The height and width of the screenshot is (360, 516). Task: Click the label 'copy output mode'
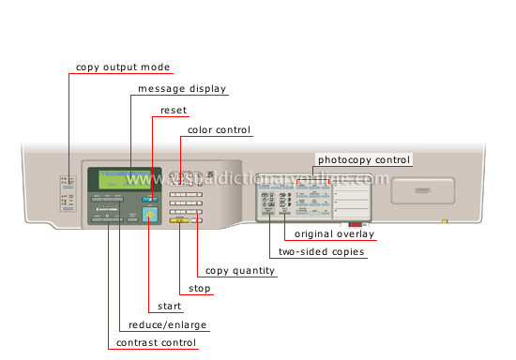point(124,67)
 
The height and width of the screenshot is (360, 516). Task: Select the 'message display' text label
point(182,89)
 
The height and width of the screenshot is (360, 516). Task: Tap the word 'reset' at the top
point(173,110)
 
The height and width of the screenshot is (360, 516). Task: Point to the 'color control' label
point(220,130)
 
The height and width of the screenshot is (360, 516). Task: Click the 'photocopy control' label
point(364,159)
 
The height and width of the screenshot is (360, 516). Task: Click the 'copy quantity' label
point(240,271)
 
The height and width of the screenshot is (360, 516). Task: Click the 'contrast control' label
point(156,343)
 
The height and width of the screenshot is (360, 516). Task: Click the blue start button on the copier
point(149,216)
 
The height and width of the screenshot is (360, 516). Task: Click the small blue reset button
point(149,200)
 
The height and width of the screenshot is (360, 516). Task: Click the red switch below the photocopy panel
point(354,225)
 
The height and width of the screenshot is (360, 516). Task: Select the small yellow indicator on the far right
point(446,223)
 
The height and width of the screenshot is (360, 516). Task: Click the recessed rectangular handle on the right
point(417,190)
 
